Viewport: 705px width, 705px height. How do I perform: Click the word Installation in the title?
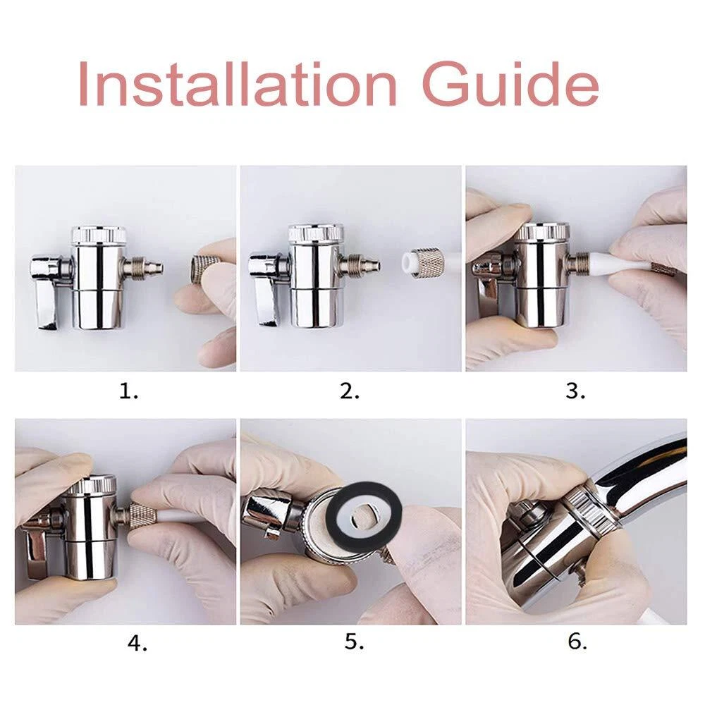click(238, 84)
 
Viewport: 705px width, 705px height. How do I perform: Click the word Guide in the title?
click(510, 84)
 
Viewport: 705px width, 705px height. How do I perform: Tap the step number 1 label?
click(128, 392)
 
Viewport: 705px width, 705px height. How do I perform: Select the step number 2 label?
click(350, 392)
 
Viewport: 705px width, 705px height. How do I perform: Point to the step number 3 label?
click(575, 392)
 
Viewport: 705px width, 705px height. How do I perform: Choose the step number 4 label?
click(137, 644)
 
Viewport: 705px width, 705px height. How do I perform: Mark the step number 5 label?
click(355, 642)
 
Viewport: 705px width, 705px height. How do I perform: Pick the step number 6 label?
click(577, 642)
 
